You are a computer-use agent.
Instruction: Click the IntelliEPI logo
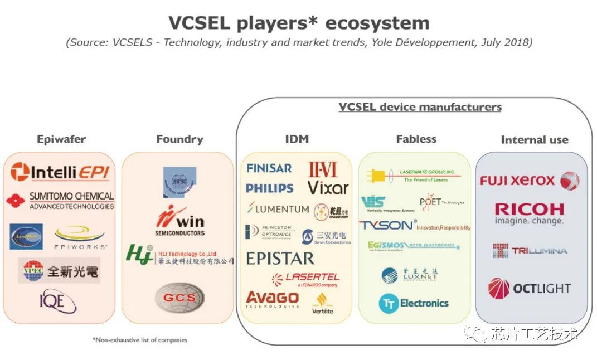tap(60, 172)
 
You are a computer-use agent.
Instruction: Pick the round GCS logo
tap(179, 296)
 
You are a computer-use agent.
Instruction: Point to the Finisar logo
tap(269, 168)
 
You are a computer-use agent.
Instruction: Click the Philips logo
tap(270, 188)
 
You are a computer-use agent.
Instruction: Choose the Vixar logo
tap(328, 187)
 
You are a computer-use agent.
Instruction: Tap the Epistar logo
tap(280, 259)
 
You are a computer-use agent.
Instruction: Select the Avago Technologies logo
tap(273, 299)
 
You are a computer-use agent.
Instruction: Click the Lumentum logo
tap(278, 209)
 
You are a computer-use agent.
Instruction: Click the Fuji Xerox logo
tap(530, 181)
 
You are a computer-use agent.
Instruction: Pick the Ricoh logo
tap(529, 213)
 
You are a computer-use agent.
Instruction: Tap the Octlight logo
tap(529, 288)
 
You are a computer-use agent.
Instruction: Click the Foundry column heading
tap(179, 139)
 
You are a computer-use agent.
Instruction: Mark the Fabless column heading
tap(416, 139)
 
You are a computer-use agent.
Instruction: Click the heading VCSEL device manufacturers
tap(420, 107)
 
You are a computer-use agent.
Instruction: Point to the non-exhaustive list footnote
tap(139, 339)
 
